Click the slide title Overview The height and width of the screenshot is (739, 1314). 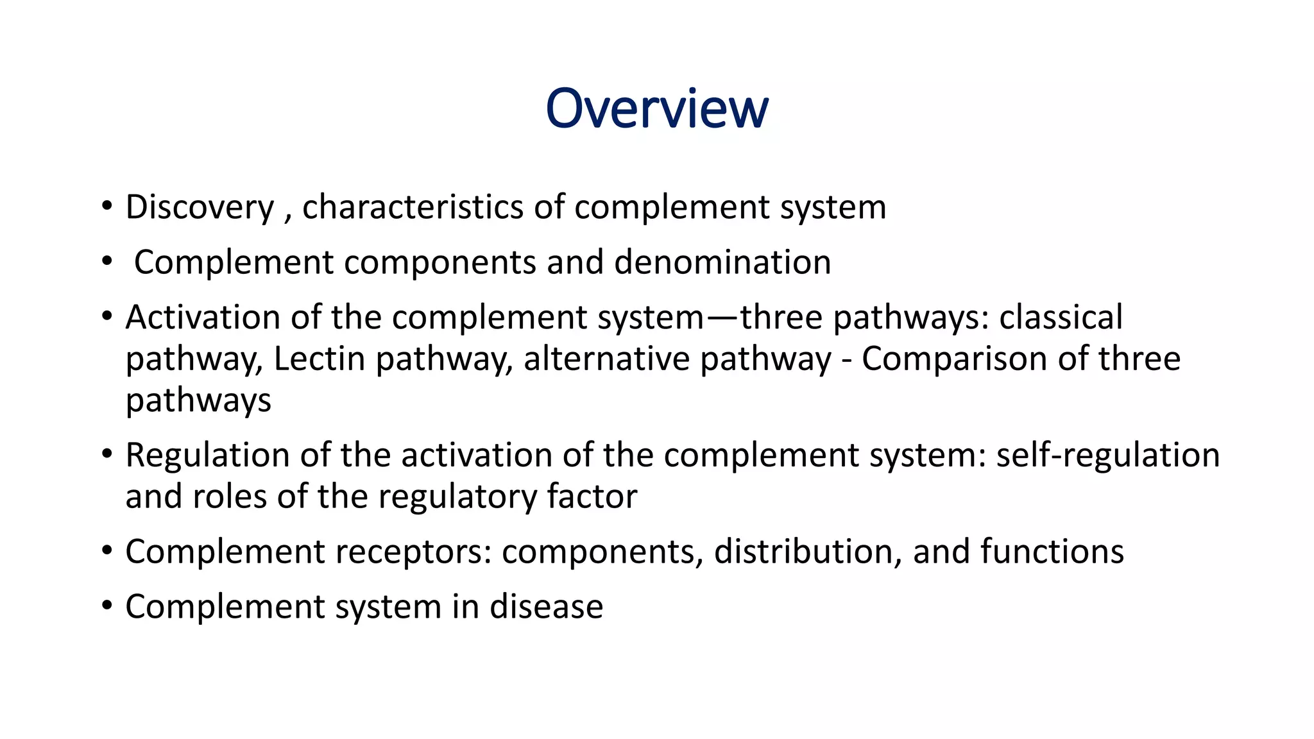coord(656,108)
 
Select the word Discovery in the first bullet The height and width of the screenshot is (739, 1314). coord(200,208)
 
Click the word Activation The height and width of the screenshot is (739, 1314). coord(203,318)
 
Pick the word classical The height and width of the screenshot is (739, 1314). coord(1061,318)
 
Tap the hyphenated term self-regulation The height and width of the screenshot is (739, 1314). coord(1107,455)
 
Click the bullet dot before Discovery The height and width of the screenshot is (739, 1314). coord(107,207)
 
